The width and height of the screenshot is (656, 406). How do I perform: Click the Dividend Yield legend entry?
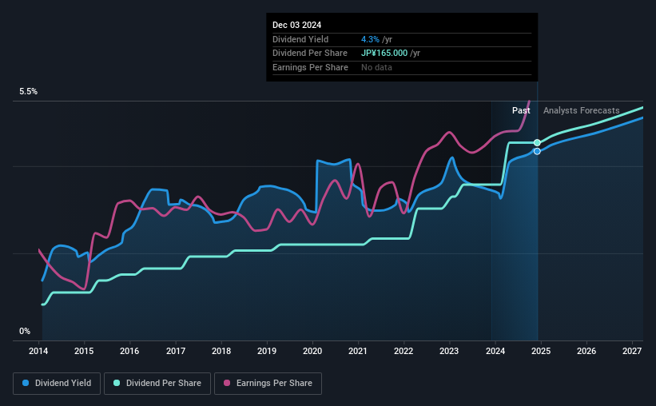point(58,384)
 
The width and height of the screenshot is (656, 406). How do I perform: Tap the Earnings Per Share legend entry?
point(268,384)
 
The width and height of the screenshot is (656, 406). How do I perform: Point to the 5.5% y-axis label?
point(29,92)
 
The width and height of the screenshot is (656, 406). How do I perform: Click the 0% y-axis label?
point(25,331)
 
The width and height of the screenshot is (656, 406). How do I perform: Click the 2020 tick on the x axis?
point(312,352)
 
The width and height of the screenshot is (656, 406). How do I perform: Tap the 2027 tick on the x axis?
point(631,352)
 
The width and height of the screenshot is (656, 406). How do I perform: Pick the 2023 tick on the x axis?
point(449,352)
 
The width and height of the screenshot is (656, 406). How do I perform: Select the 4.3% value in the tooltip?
point(369,39)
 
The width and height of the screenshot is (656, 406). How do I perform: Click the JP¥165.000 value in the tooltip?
point(384,54)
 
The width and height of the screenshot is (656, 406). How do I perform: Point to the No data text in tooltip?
point(376,68)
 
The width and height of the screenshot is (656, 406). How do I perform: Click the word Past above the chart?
point(521,110)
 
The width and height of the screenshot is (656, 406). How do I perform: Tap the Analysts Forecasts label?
point(581,110)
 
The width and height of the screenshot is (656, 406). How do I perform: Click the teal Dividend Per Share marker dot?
point(537,142)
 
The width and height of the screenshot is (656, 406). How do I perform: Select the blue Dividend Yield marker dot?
point(537,151)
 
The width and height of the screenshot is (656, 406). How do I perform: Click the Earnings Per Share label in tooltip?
point(310,68)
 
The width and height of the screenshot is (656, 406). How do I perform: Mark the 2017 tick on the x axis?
point(176,352)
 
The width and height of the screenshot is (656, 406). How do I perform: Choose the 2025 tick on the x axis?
point(540,352)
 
